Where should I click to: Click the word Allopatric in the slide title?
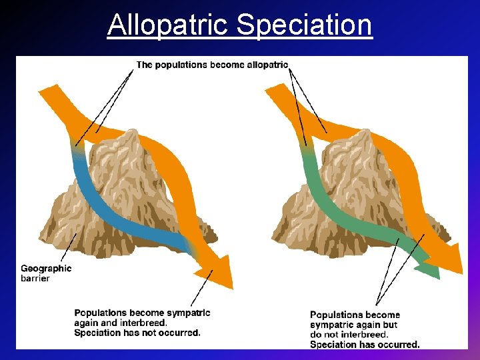[x=169, y=25]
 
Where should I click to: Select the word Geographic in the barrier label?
[x=46, y=269]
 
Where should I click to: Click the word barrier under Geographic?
[x=35, y=278]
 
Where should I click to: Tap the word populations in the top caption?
[x=181, y=65]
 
